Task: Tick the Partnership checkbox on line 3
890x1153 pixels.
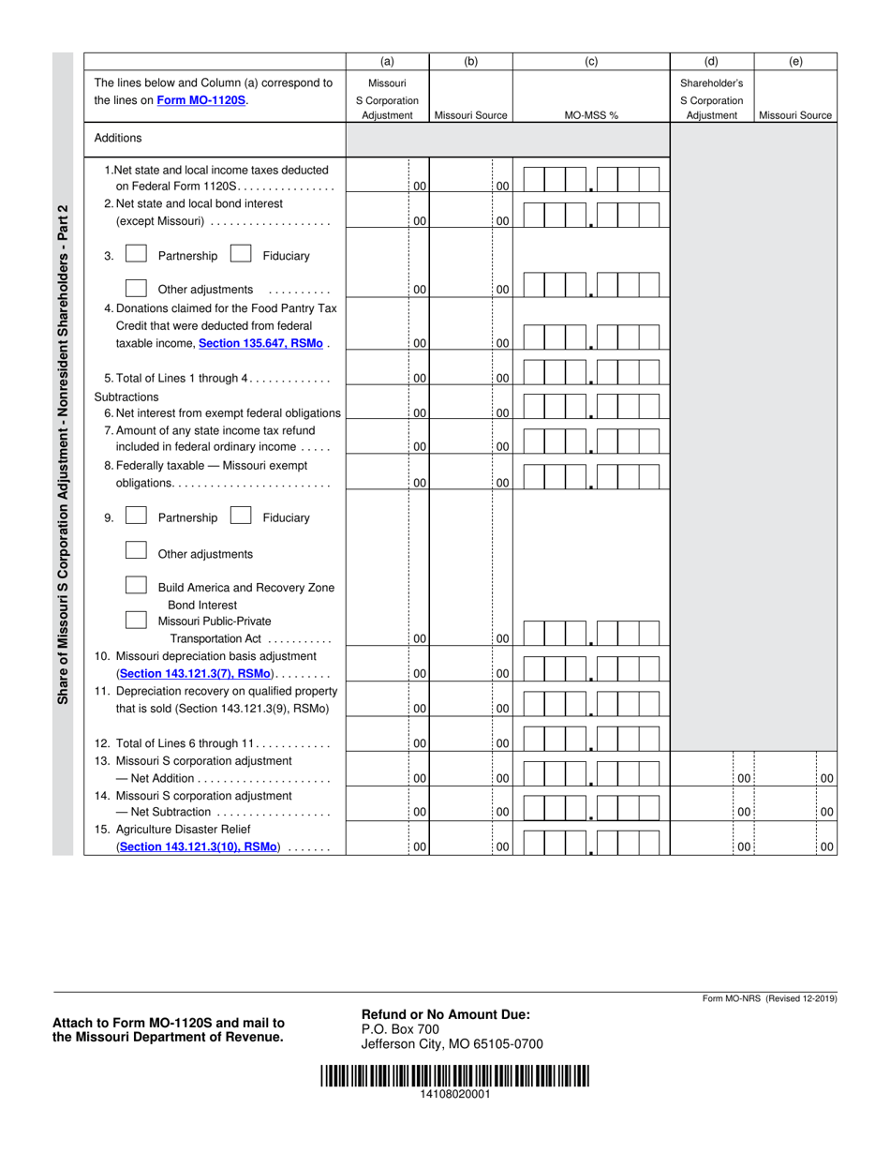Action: pos(136,254)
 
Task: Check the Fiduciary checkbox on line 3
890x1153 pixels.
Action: pos(240,254)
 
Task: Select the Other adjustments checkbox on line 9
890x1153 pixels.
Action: pos(136,552)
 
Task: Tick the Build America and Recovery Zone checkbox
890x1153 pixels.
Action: pos(136,586)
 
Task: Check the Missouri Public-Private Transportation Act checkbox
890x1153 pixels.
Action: pos(136,620)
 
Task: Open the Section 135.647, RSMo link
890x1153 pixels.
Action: pos(261,344)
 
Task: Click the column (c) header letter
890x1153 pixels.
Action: pos(591,62)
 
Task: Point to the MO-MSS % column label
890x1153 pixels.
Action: pos(591,116)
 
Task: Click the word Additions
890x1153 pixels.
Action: pos(118,139)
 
